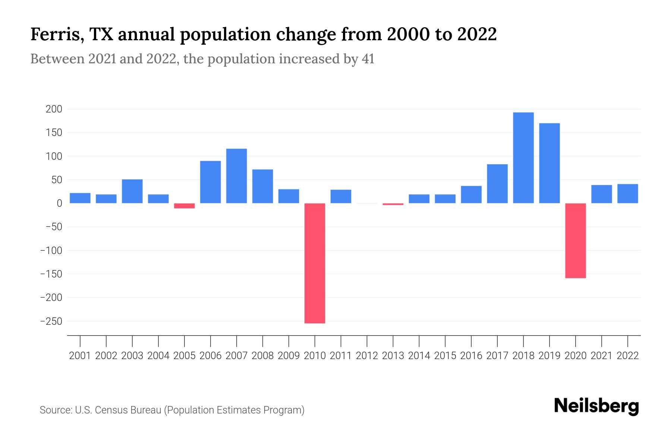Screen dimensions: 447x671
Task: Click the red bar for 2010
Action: tap(315, 263)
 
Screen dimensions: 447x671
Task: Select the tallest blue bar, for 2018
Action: tap(523, 158)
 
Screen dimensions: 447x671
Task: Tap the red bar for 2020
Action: tap(575, 241)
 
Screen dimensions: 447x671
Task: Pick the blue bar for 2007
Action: tap(236, 176)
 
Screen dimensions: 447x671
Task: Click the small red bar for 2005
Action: tap(185, 206)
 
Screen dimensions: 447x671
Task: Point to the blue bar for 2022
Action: tap(627, 194)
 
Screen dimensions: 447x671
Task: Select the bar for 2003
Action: tap(132, 191)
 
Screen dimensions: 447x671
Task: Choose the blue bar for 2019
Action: tap(549, 163)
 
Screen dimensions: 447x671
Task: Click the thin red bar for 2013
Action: tap(393, 204)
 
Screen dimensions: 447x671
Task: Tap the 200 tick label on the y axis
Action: tap(54, 109)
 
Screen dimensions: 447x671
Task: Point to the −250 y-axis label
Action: tap(51, 321)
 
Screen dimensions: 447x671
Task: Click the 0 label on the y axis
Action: tap(59, 203)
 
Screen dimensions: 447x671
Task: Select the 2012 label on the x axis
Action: tap(367, 356)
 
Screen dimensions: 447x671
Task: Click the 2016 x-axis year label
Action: tap(471, 356)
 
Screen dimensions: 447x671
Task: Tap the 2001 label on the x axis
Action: tap(80, 356)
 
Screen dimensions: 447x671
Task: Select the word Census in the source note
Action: tap(111, 410)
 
